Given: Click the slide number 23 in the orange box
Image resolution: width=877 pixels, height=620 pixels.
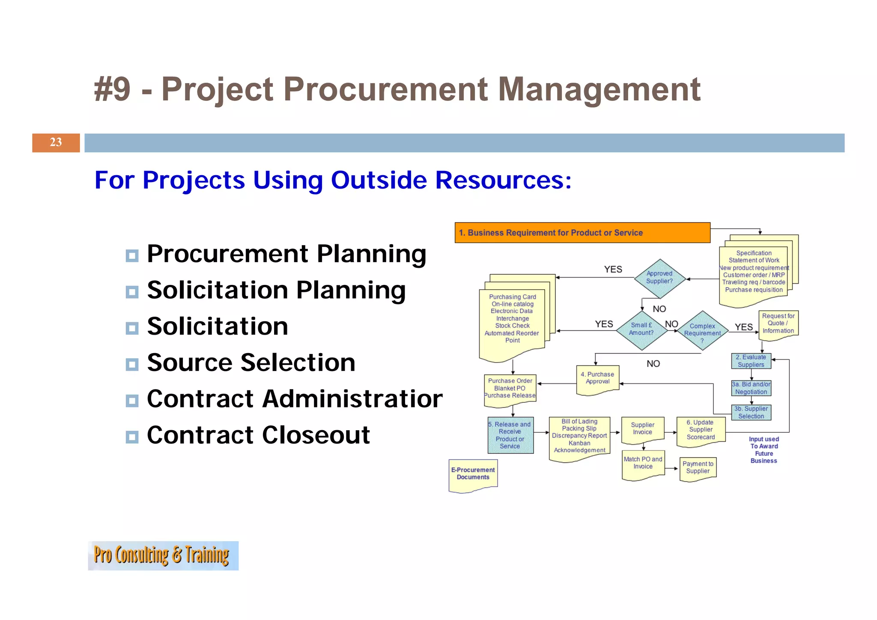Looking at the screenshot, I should (56, 142).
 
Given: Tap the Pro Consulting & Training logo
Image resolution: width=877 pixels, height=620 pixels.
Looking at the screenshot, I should (163, 555).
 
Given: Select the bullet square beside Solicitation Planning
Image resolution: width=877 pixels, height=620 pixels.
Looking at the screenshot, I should (132, 292).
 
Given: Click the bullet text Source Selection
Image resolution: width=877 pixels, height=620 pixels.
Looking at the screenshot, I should (251, 362).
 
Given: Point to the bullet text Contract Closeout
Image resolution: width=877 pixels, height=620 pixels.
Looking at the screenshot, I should (258, 435).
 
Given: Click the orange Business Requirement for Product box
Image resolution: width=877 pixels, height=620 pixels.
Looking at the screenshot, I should (582, 233).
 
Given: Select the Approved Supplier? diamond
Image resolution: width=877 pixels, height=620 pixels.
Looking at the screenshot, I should (659, 278).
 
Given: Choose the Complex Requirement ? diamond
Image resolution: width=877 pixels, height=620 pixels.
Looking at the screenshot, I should (702, 331).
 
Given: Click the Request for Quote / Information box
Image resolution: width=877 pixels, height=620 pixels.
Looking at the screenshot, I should (778, 324).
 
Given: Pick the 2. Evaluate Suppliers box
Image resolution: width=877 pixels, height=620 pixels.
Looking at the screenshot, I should (751, 361).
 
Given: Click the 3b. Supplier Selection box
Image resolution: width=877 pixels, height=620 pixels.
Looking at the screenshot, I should (751, 412).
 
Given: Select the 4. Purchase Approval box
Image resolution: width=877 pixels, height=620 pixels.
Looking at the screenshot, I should (597, 379).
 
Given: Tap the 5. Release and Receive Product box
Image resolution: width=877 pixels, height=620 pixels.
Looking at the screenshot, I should (510, 435).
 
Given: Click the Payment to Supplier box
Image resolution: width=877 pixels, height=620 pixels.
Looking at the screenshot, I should (698, 468).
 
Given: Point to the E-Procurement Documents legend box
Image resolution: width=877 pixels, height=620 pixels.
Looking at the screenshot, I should (473, 474).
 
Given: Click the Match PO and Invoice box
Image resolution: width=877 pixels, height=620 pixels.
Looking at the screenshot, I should (643, 464).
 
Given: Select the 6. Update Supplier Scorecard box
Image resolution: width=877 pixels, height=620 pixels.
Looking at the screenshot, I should (701, 430).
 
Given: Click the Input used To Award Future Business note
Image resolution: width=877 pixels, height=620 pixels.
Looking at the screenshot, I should (764, 450).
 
